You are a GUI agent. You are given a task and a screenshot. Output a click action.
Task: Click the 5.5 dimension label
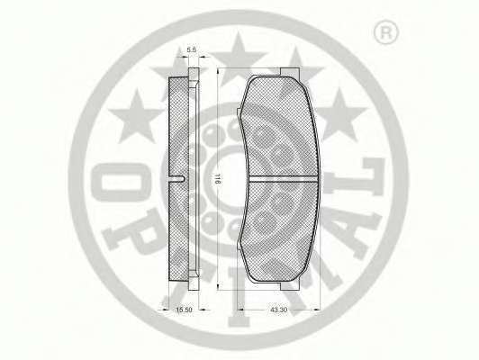click(192, 49)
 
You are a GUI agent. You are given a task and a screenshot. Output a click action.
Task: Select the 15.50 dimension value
click(184, 310)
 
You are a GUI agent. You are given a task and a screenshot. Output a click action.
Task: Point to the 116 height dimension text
click(217, 178)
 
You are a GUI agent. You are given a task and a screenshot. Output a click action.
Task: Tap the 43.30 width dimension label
click(279, 310)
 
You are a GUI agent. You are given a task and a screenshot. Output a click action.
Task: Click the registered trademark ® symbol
click(386, 31)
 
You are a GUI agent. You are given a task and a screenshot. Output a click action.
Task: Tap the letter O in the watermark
click(122, 183)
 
